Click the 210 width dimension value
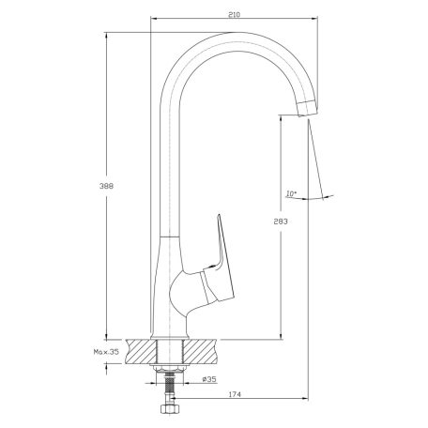pyautogui.click(x=234, y=14)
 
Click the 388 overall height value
pyautogui.click(x=106, y=186)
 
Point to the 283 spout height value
pyautogui.click(x=281, y=222)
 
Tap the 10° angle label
pyautogui.click(x=291, y=193)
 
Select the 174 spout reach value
pyautogui.click(x=235, y=394)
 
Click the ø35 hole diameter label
pyautogui.click(x=209, y=379)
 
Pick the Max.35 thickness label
pyautogui.click(x=106, y=352)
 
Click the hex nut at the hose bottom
pyautogui.click(x=169, y=408)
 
